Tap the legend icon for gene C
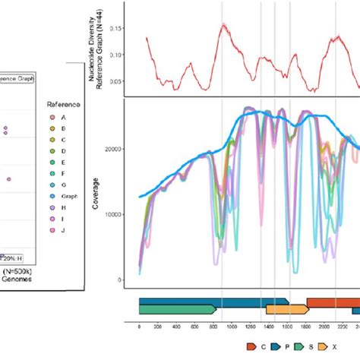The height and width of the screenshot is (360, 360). click(254, 347)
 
